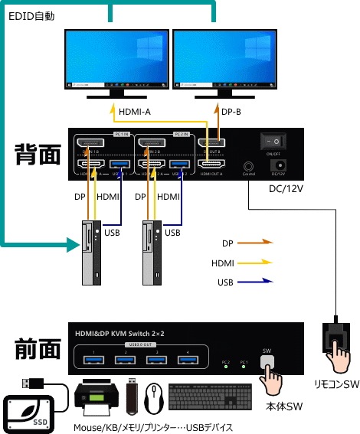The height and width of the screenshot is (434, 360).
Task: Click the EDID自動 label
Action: point(33,15)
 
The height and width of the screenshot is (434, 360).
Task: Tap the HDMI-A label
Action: point(135,113)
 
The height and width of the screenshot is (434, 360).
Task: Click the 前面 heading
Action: point(38,350)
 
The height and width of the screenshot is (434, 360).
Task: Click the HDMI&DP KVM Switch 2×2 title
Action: point(123,333)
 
